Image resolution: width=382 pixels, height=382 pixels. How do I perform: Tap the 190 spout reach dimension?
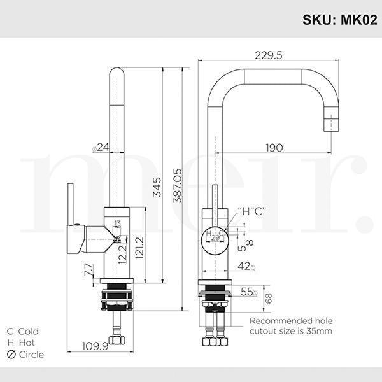pyautogui.click(x=274, y=148)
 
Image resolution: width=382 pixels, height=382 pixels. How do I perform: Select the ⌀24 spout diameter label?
pyautogui.click(x=101, y=148)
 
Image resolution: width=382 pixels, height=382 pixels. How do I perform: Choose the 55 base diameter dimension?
pyautogui.click(x=247, y=292)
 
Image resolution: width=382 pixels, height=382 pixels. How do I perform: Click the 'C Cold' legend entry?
pyautogui.click(x=23, y=331)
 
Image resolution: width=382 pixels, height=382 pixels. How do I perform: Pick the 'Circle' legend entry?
pyautogui.click(x=25, y=355)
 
